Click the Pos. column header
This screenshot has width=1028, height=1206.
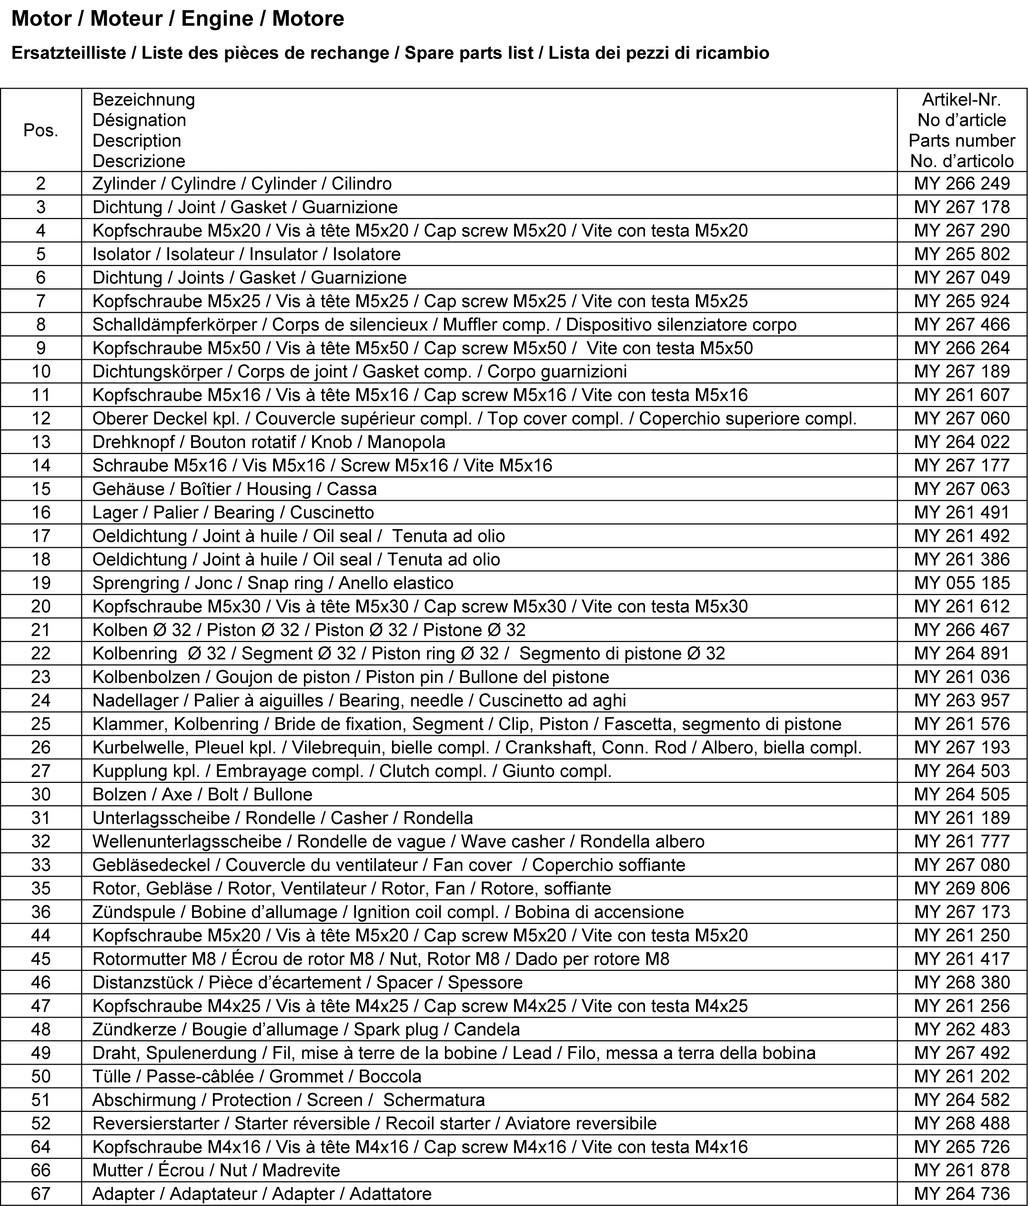pyautogui.click(x=41, y=130)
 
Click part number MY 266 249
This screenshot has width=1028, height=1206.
pyautogui.click(x=962, y=183)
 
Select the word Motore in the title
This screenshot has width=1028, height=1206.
pyautogui.click(x=308, y=19)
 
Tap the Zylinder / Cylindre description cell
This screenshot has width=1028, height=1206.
pyautogui.click(x=242, y=183)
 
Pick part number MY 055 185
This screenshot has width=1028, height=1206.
pyautogui.click(x=962, y=583)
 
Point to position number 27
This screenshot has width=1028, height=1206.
pyautogui.click(x=41, y=771)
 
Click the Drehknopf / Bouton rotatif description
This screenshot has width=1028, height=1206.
pyautogui.click(x=269, y=442)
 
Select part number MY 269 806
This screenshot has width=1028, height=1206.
pyautogui.click(x=962, y=888)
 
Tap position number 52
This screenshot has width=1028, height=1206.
pyautogui.click(x=41, y=1123)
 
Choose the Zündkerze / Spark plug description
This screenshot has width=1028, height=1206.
pyautogui.click(x=306, y=1029)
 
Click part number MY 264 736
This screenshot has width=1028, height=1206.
pyautogui.click(x=962, y=1193)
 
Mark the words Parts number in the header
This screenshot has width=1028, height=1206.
pyautogui.click(x=962, y=140)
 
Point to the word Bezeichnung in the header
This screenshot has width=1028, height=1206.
pyautogui.click(x=143, y=99)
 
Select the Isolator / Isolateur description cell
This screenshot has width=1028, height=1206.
pyautogui.click(x=246, y=254)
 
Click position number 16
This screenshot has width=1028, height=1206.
pyautogui.click(x=41, y=512)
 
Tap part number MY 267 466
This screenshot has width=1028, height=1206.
pyautogui.click(x=962, y=324)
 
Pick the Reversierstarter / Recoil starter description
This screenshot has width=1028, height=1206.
pyautogui.click(x=374, y=1123)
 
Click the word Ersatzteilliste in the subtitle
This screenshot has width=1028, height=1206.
pyautogui.click(x=69, y=53)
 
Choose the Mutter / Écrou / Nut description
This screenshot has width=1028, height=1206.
pyautogui.click(x=216, y=1170)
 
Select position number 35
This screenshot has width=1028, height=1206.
pyautogui.click(x=41, y=888)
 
